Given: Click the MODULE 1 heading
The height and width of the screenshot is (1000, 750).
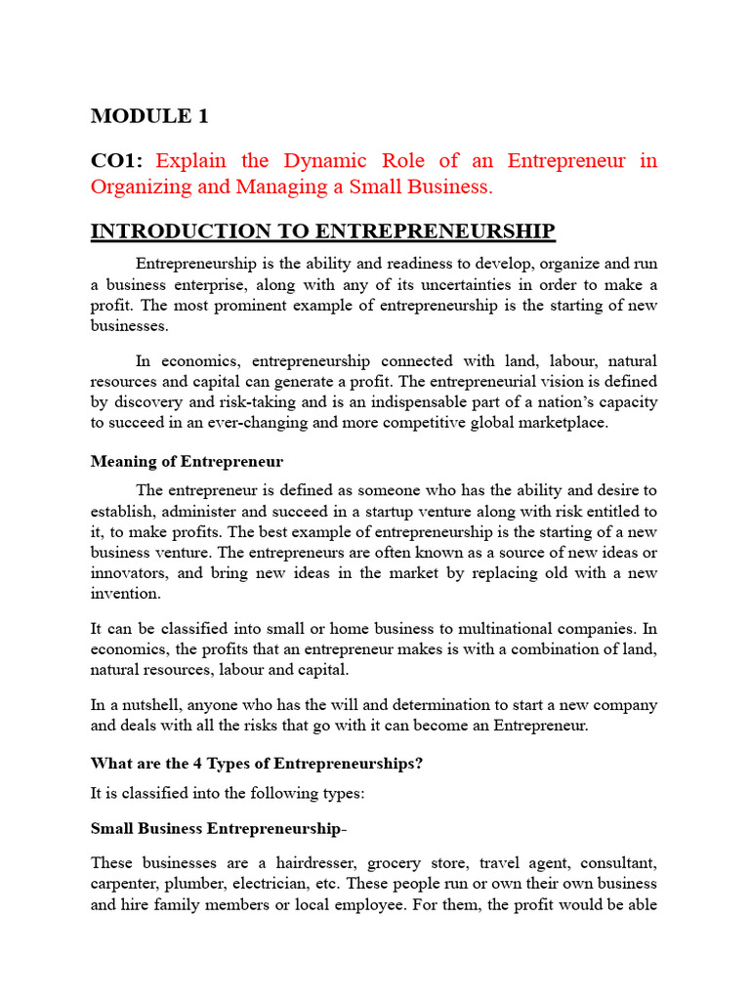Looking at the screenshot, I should [x=149, y=116].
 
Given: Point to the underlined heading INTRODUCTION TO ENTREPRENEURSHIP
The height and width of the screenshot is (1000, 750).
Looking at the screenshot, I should [x=323, y=231].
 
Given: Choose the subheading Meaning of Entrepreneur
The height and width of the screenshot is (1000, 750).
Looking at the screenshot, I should [x=187, y=460].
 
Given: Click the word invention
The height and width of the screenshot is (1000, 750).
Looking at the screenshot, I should [x=124, y=594].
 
